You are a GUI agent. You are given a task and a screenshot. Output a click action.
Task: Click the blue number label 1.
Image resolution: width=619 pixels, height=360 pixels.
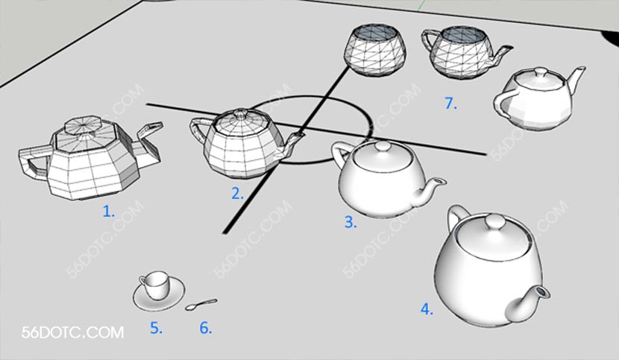pos(109,211)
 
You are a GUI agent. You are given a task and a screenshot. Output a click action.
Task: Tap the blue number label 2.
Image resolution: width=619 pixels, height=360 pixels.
pos(237,194)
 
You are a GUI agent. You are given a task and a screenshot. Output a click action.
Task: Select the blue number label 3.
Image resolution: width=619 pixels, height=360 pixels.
pos(351,221)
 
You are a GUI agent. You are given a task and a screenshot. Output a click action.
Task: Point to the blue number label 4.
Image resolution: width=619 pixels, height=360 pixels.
pos(427,309)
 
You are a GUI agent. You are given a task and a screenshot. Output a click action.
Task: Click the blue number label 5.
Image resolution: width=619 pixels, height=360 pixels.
pos(156,328)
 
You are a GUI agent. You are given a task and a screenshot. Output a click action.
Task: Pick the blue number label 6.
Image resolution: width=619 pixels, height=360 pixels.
pos(206,328)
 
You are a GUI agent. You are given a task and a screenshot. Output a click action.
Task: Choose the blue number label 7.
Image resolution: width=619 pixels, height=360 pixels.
pos(451,103)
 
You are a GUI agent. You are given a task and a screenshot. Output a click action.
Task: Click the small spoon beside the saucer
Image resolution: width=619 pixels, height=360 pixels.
pos(201,304)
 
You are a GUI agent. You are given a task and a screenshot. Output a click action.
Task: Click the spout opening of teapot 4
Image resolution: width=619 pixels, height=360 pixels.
pos(543,292)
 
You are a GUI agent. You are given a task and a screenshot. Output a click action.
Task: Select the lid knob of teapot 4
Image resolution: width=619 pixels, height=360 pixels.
pos(494,221)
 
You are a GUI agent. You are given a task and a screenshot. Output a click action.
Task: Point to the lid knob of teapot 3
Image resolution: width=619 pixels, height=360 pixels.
pos(383,147)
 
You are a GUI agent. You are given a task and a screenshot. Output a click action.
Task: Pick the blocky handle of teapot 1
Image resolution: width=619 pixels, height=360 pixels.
pos(34,161)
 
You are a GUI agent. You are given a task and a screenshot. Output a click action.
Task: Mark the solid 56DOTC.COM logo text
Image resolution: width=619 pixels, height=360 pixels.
pos(72,332)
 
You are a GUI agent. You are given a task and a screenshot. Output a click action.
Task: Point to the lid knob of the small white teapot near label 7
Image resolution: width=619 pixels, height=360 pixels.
pos(539,72)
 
